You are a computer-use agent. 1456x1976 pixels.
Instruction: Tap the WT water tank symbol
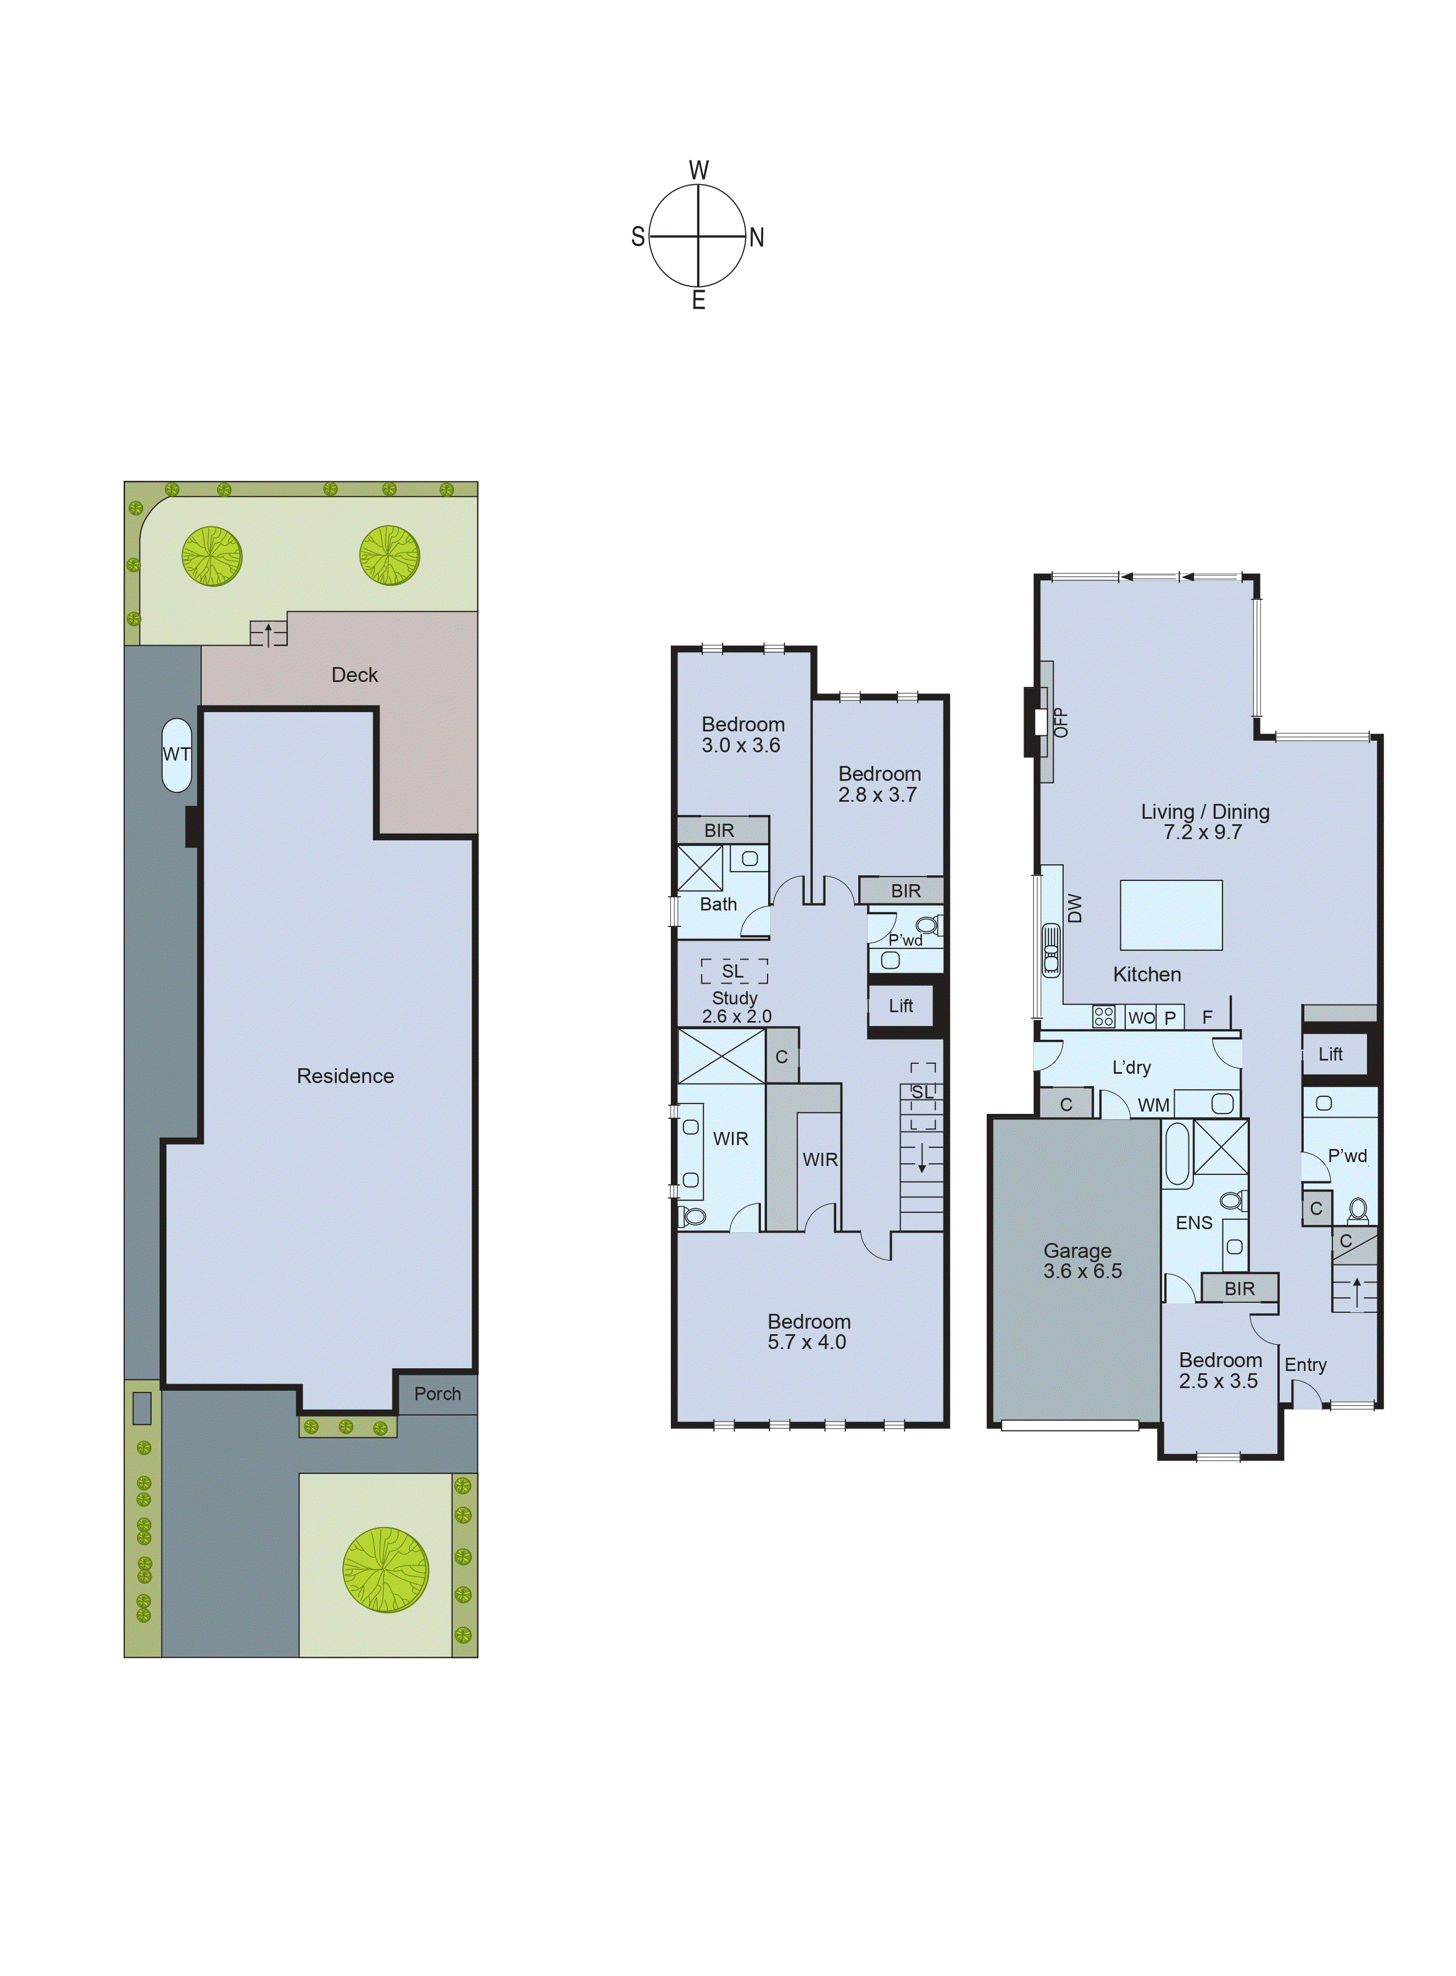(x=176, y=754)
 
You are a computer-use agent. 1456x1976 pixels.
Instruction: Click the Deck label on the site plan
(x=354, y=675)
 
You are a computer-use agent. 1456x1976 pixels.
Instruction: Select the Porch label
(x=437, y=1394)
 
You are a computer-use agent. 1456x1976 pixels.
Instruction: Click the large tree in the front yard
(x=385, y=1570)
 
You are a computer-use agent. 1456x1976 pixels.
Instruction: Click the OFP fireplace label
(x=1061, y=722)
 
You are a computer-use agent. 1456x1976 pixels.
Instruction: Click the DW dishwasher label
(x=1074, y=908)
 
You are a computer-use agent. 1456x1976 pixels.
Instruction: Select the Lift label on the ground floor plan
(x=1330, y=1054)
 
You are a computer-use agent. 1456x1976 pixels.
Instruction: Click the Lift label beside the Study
(x=900, y=1006)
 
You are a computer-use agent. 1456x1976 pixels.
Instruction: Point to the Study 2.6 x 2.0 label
(x=735, y=1007)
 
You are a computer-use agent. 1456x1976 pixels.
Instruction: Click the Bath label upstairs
(x=718, y=904)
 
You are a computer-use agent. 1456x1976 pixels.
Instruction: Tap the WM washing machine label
(x=1153, y=1105)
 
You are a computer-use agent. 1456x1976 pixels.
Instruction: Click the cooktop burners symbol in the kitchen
(x=1103, y=1016)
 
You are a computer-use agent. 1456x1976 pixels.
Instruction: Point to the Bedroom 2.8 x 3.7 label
(x=879, y=784)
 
